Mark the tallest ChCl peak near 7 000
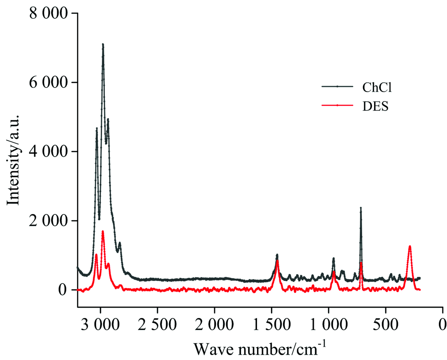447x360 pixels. click(103, 44)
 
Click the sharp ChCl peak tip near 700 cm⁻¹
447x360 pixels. click(361, 208)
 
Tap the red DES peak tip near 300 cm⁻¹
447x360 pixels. click(409, 246)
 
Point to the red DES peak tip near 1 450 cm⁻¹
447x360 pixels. click(278, 260)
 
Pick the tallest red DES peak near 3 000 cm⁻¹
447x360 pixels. click(103, 231)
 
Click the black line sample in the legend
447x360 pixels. click(337, 86)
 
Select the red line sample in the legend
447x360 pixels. click(337, 106)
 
